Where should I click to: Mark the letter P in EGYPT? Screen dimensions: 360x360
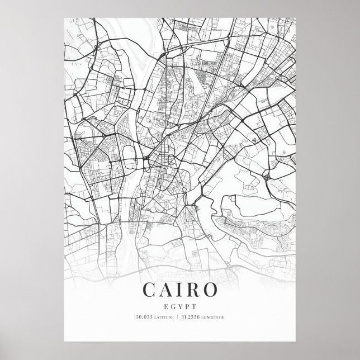click(187, 305)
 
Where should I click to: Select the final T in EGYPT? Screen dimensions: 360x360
click(193, 305)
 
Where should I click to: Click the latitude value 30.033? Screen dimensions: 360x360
click(143, 318)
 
